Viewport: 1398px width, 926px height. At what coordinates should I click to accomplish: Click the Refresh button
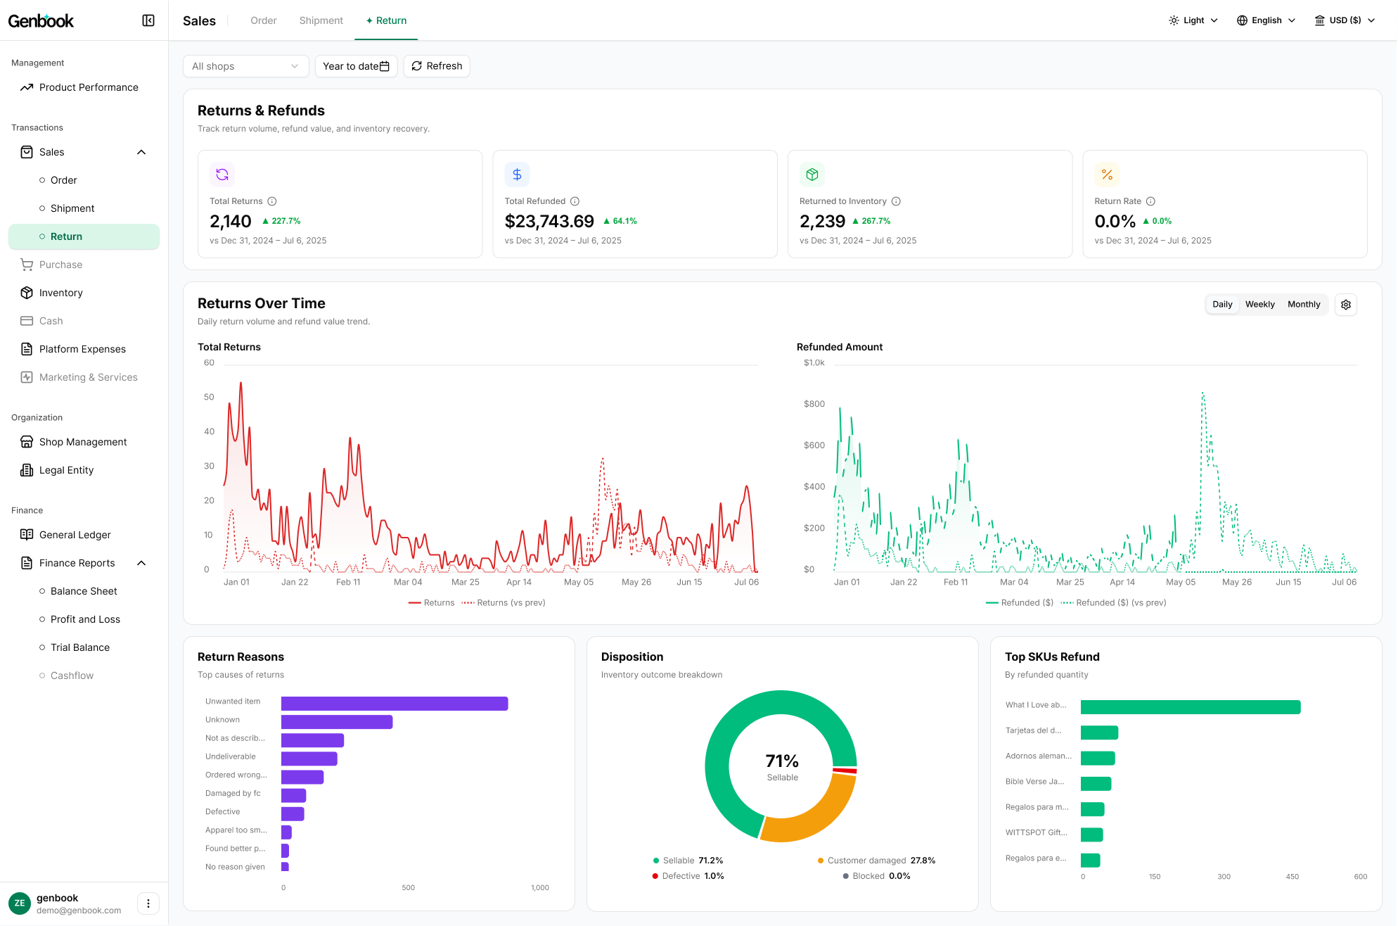pos(437,66)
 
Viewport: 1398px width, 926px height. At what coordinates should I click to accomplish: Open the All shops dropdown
pos(245,66)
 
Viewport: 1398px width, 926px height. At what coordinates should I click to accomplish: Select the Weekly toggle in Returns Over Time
pos(1259,305)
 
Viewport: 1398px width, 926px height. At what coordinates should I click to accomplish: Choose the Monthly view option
pos(1304,305)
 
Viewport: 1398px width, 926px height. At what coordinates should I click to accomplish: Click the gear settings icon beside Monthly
pos(1346,305)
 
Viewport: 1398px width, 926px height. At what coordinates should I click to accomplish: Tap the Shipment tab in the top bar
pos(321,20)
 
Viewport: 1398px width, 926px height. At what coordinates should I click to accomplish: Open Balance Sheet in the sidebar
pos(84,591)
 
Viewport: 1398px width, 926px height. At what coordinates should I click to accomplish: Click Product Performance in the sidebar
pos(89,87)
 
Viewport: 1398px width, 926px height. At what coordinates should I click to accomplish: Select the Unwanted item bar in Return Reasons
pos(395,704)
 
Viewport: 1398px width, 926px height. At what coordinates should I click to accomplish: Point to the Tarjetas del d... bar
pos(1099,732)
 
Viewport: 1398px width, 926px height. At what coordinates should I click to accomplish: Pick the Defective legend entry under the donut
pos(688,876)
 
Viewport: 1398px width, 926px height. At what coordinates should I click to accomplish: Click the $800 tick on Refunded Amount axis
pos(814,404)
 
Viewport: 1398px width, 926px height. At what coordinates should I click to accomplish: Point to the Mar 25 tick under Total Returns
pos(466,582)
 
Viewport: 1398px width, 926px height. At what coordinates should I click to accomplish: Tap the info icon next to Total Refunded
pos(575,201)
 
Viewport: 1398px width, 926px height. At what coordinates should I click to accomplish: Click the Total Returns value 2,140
pos(230,222)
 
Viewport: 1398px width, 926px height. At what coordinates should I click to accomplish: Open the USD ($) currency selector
pos(1345,20)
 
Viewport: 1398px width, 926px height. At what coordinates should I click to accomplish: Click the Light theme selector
pos(1193,20)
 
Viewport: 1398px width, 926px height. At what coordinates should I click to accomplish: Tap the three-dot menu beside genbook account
pos(148,903)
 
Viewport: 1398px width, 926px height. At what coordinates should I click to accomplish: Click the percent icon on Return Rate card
pos(1107,175)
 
